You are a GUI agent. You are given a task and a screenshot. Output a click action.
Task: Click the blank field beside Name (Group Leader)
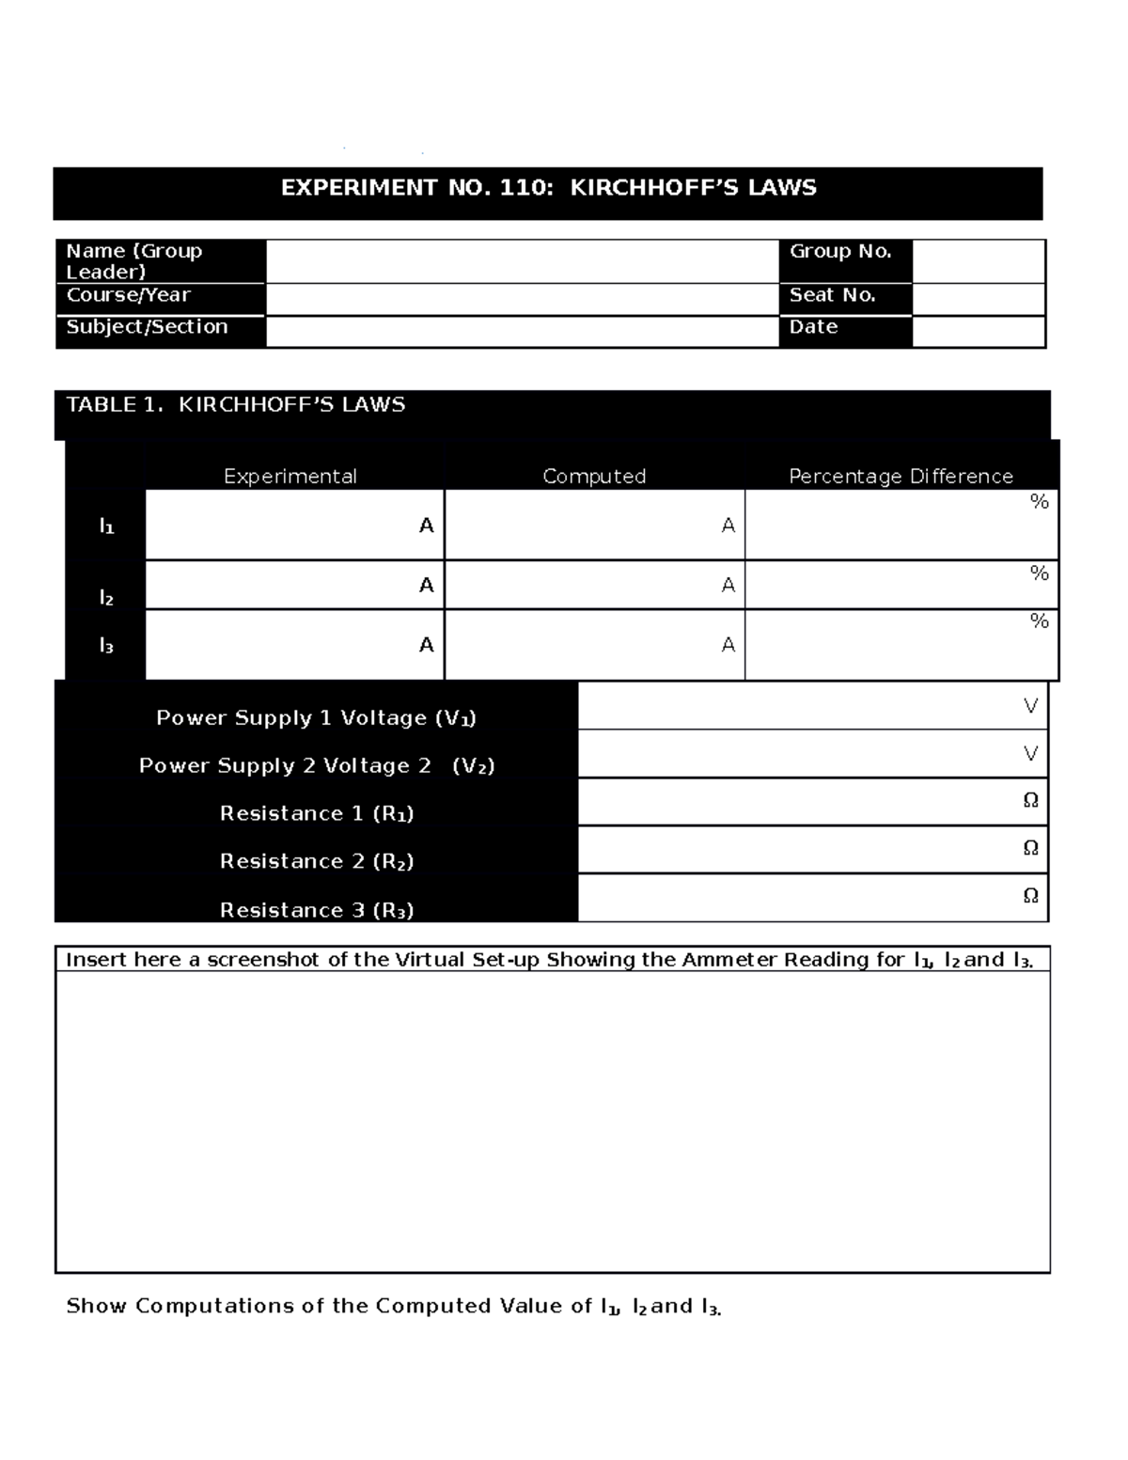tap(522, 261)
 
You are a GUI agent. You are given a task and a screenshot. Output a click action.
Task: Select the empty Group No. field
tap(979, 261)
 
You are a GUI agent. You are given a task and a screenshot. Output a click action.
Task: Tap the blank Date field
tap(979, 332)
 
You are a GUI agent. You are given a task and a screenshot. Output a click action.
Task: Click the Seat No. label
tap(832, 295)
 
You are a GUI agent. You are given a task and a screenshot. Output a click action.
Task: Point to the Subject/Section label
tap(147, 327)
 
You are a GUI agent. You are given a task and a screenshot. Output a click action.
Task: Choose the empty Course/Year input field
tap(522, 299)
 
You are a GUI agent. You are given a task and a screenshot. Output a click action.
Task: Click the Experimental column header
tap(290, 477)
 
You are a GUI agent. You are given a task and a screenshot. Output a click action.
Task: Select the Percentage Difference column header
tap(901, 477)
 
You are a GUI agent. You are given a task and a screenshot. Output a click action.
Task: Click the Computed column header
tap(594, 477)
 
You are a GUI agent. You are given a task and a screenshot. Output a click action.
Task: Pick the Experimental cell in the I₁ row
tap(294, 525)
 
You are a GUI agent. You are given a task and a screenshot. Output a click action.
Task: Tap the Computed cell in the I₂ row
tap(594, 585)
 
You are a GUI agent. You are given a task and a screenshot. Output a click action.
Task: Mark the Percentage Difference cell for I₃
tap(901, 645)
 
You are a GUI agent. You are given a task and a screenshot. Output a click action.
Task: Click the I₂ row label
tap(106, 598)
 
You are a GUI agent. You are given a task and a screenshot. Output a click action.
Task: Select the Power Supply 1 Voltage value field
tap(812, 706)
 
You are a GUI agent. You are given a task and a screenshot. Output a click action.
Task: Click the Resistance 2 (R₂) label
tap(317, 861)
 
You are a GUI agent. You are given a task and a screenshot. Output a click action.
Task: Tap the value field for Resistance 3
tap(812, 898)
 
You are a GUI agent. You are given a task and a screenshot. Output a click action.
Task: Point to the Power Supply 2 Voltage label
tap(317, 766)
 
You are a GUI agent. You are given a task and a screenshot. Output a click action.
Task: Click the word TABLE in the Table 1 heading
tap(101, 405)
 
